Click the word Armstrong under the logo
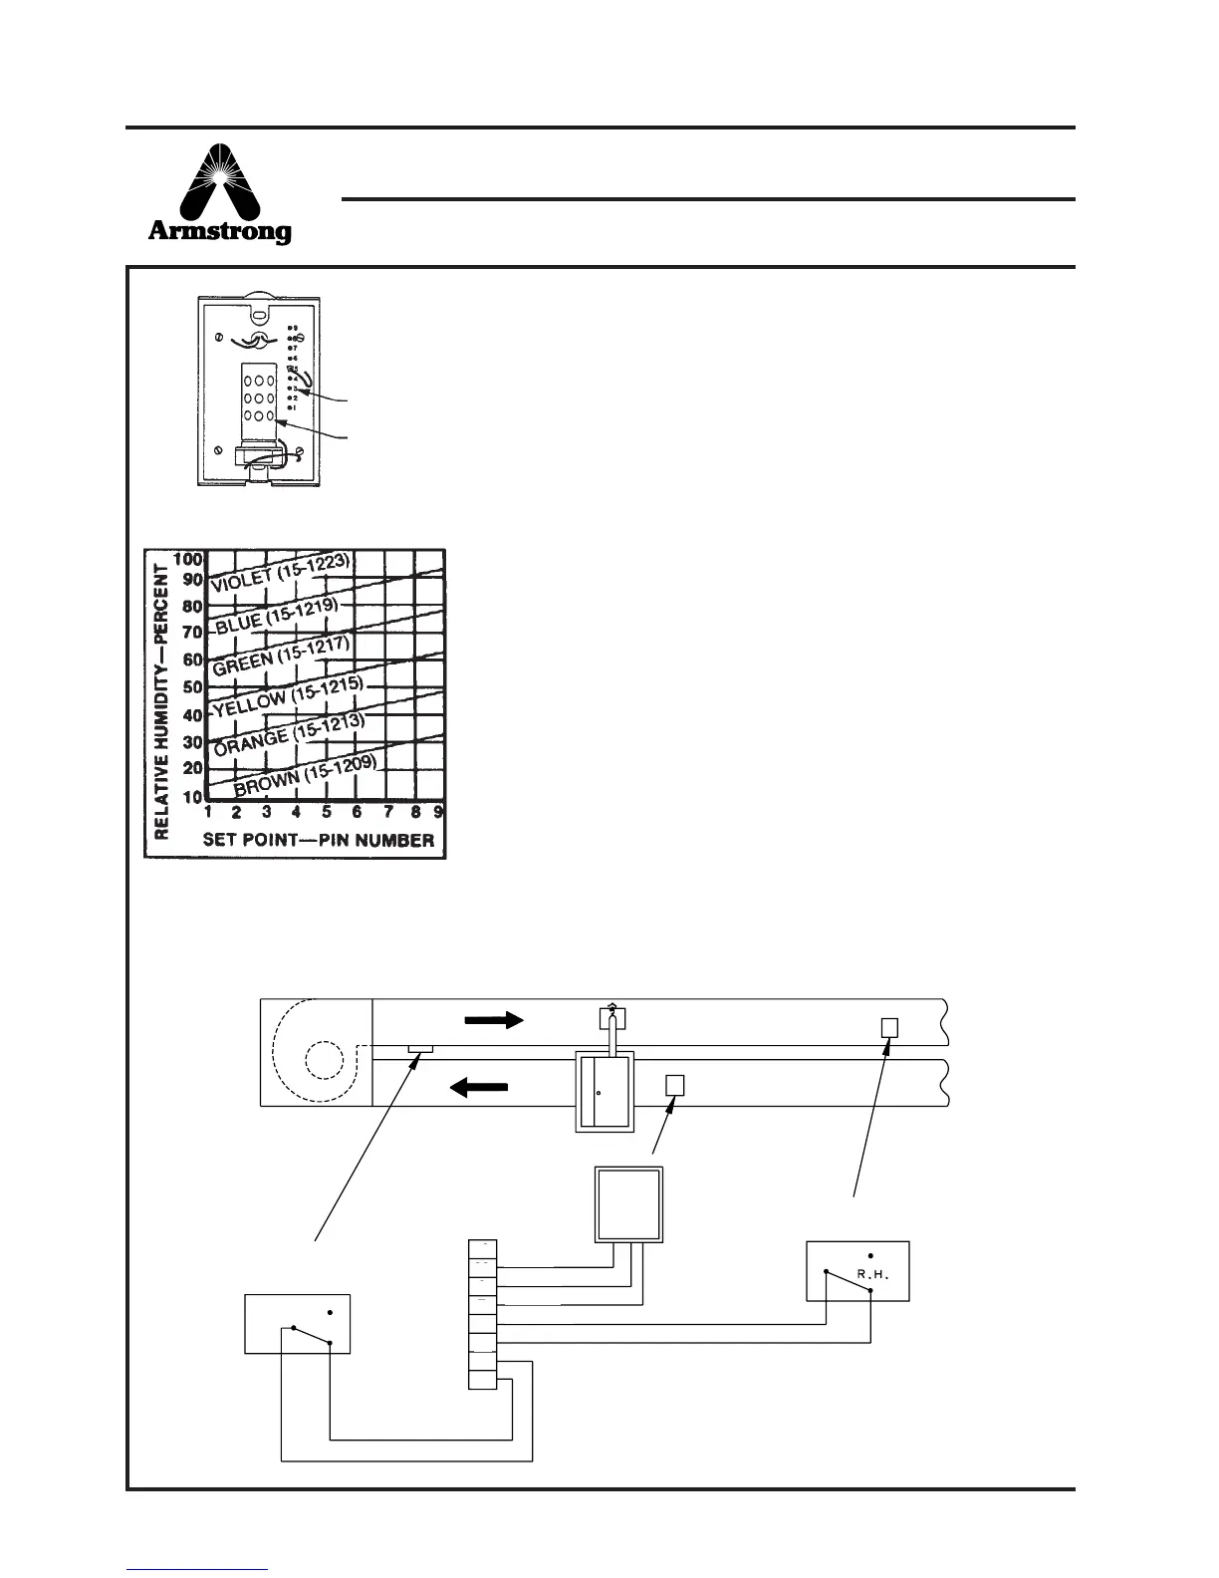tap(220, 232)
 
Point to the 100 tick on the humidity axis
tap(188, 560)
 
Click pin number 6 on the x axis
tap(357, 811)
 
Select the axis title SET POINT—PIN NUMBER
tap(319, 840)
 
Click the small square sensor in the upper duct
tap(891, 1027)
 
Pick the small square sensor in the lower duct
tap(675, 1085)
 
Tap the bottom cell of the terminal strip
tap(482, 1381)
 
